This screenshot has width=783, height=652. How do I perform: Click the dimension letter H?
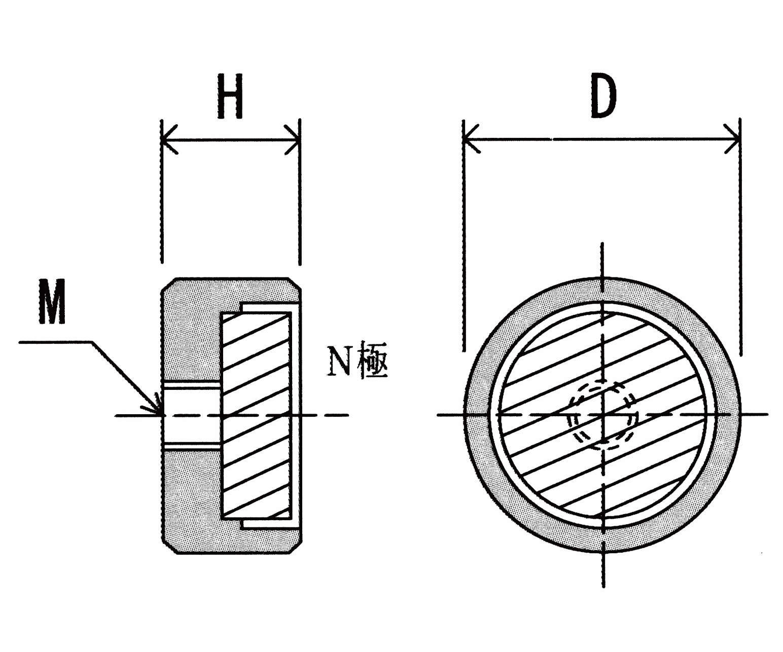coord(230,96)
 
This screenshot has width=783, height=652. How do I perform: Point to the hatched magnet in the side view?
coord(257,416)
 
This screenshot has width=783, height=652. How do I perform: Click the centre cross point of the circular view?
coord(602,415)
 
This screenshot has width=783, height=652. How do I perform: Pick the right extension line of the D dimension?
coord(740,243)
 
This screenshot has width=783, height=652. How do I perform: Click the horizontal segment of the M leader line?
coord(56,342)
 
